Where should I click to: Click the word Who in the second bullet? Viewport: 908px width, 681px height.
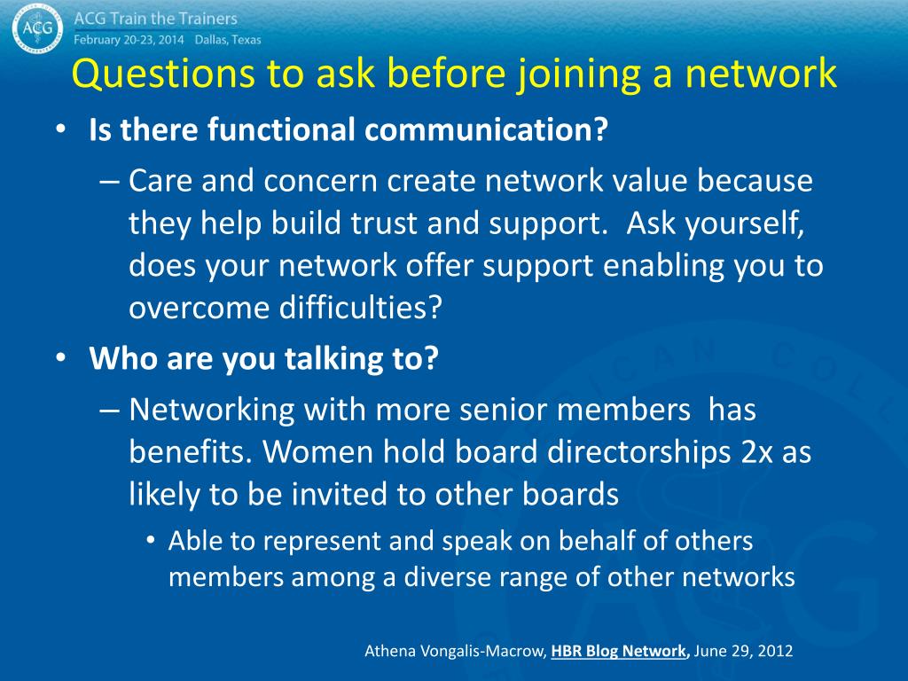click(x=120, y=360)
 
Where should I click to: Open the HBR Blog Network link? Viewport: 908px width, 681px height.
click(x=620, y=651)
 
